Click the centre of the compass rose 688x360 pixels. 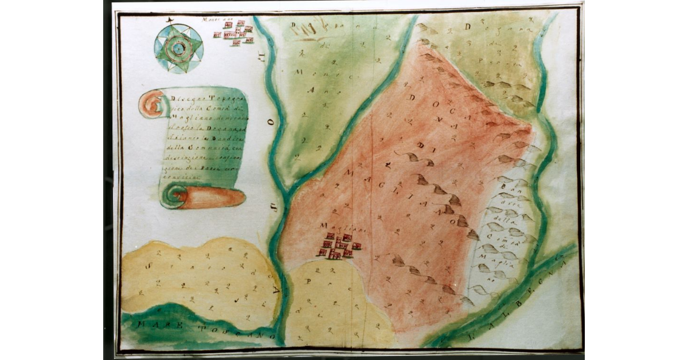[178, 49]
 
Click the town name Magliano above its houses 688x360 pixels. [332, 228]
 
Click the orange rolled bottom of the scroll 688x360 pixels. [212, 198]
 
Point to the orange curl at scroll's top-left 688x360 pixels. [151, 104]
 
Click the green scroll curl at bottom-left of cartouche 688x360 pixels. [170, 197]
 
